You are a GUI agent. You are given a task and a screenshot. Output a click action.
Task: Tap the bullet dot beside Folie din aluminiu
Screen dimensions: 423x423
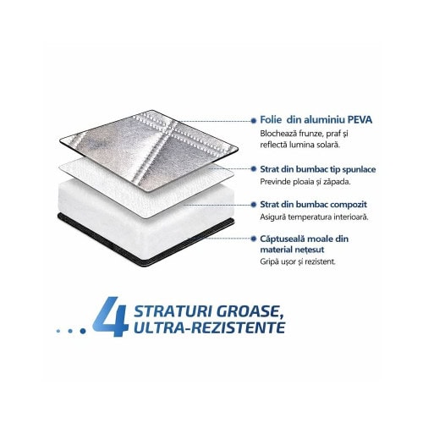click(254, 121)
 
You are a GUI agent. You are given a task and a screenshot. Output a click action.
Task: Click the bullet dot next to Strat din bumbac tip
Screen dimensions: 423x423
click(254, 169)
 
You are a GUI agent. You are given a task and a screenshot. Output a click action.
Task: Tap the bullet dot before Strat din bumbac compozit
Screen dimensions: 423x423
click(254, 205)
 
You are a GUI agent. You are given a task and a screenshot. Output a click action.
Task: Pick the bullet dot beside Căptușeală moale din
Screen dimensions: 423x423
click(254, 239)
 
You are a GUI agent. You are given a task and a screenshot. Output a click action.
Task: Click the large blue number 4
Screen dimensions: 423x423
click(111, 316)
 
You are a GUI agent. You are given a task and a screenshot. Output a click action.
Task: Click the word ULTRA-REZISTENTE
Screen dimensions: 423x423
click(209, 327)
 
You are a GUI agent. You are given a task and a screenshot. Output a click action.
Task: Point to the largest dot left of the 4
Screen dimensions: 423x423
click(83, 331)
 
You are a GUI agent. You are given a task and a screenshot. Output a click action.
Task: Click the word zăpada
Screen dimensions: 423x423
click(337, 182)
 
